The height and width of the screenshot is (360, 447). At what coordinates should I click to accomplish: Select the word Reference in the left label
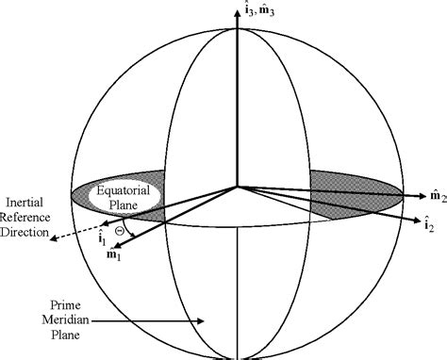32,217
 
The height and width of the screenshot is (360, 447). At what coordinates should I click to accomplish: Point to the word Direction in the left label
31,232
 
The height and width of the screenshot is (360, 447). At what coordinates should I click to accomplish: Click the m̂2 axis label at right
437,196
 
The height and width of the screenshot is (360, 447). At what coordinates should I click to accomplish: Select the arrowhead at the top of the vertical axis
237,12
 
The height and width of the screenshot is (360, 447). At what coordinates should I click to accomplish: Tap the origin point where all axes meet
237,186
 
